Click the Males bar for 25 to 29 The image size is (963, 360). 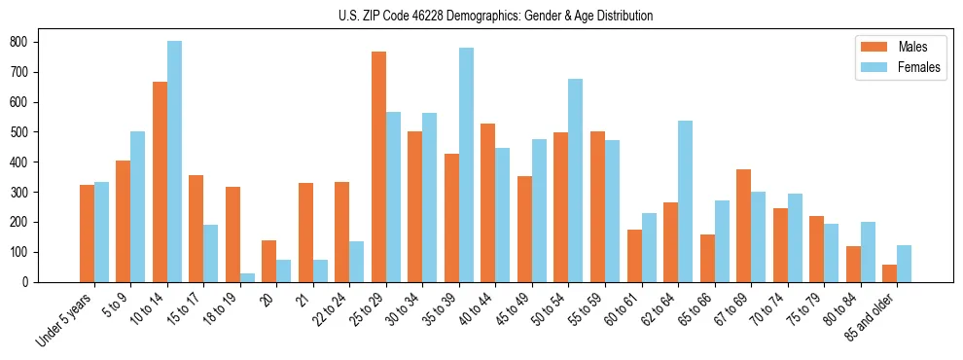[x=378, y=166]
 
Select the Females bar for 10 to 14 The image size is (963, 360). [x=174, y=162]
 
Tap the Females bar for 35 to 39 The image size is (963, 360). [x=466, y=164]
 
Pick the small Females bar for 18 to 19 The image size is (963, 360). [x=247, y=277]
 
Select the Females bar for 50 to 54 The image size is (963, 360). [x=575, y=180]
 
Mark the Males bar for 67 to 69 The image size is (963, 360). [x=743, y=226]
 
